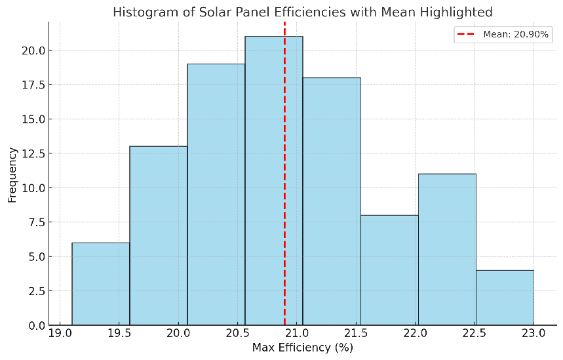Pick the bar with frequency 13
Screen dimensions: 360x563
159,235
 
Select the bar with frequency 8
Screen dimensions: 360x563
389,270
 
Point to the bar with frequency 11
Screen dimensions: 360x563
447,249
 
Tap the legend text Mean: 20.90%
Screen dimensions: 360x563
516,34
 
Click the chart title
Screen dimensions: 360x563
303,12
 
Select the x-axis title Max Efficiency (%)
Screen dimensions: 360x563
303,348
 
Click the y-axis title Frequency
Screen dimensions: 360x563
12,174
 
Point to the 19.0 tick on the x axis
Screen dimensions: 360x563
60,333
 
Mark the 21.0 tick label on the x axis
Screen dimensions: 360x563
297,333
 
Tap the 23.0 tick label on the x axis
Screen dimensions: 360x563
534,333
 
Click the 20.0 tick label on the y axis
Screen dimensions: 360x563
33,50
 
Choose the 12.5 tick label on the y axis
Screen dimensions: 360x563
33,153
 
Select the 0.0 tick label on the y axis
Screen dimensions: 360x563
36,325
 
